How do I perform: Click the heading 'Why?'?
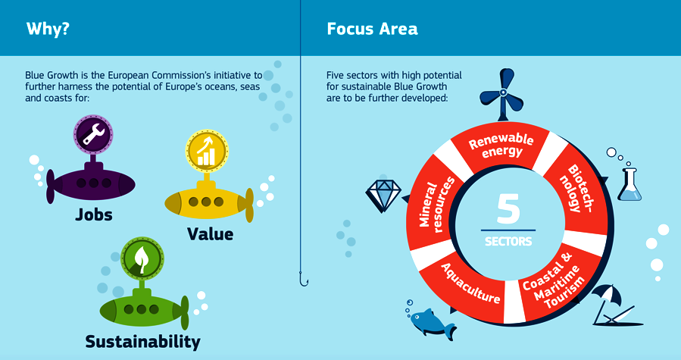pyautogui.click(x=48, y=29)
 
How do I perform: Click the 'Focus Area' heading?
pyautogui.click(x=372, y=29)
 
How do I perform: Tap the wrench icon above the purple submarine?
pyautogui.click(x=93, y=134)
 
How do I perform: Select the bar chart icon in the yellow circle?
pyautogui.click(x=207, y=152)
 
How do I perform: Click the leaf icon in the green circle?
pyautogui.click(x=142, y=258)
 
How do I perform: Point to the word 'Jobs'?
pyautogui.click(x=94, y=214)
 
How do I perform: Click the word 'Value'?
pyautogui.click(x=210, y=234)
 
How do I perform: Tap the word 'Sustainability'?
pyautogui.click(x=143, y=342)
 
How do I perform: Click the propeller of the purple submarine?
pyautogui.click(x=51, y=186)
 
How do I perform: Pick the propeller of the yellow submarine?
pyautogui.click(x=249, y=205)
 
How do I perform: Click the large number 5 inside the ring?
pyautogui.click(x=508, y=208)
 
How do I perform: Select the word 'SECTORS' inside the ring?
pyautogui.click(x=508, y=241)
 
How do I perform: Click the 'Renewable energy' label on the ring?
pyautogui.click(x=501, y=145)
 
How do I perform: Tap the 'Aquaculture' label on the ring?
pyautogui.click(x=470, y=283)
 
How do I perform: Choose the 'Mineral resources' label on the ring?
pyautogui.click(x=436, y=204)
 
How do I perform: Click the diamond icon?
pyautogui.click(x=384, y=193)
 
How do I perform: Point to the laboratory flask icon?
pyautogui.click(x=629, y=185)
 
